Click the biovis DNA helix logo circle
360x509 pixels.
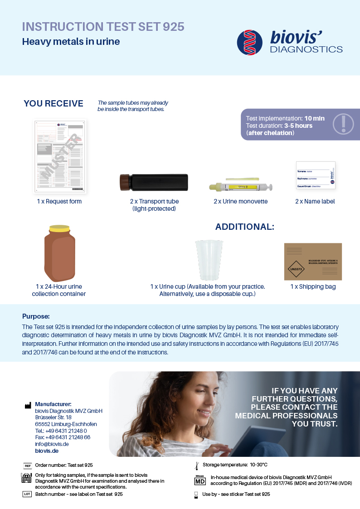(250, 43)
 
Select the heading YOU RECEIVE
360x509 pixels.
(54, 104)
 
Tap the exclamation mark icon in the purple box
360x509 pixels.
(343, 124)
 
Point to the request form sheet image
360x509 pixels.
(61, 156)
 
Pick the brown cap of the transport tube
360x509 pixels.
(123, 182)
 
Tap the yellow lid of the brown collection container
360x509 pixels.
(60, 228)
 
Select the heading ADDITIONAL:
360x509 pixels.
(244, 227)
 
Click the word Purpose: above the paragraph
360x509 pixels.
(36, 316)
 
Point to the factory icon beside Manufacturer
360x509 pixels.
(28, 405)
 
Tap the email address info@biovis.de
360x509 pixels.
(52, 444)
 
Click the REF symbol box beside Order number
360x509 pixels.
(27, 465)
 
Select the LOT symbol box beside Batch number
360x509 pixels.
(27, 494)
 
